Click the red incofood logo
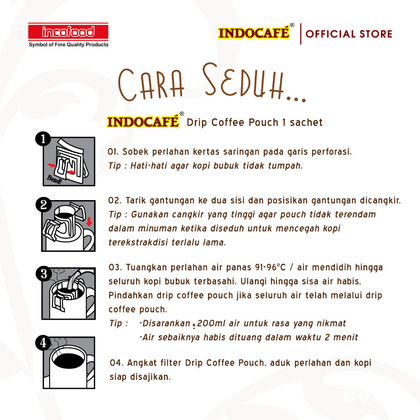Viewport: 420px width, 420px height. tap(68, 32)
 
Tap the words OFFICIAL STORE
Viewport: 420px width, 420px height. tap(349, 34)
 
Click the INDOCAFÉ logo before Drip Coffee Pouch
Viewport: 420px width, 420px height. tap(143, 122)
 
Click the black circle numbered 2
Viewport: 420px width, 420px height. tap(43, 205)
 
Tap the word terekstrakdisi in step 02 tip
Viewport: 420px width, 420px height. tap(135, 242)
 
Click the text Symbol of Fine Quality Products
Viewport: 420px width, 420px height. tap(68, 45)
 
